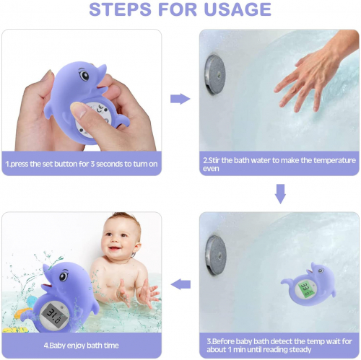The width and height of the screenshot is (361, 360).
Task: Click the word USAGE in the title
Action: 238,9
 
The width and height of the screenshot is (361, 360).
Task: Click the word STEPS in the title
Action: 120,9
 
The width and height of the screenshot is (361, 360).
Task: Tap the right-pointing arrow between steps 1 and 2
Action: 180,99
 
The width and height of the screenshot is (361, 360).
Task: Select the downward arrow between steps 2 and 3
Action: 280,194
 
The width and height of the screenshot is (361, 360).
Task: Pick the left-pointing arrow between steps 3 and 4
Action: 180,284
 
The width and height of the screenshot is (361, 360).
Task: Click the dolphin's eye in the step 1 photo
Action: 84,75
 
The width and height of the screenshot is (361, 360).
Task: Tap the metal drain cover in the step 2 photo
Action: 214,74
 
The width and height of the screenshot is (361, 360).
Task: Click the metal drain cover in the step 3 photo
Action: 216,255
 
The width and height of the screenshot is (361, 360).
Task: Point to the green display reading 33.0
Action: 307,289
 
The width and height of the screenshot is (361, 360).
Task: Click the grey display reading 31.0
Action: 54,315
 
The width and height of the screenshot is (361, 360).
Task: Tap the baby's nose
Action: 116,241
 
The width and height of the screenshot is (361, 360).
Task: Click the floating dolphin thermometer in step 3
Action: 310,284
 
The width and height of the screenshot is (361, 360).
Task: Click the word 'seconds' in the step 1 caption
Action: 110,164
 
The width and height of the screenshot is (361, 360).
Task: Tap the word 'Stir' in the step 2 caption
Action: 214,160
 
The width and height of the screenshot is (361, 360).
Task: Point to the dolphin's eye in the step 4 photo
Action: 64,276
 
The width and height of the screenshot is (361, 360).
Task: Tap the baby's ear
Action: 136,249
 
